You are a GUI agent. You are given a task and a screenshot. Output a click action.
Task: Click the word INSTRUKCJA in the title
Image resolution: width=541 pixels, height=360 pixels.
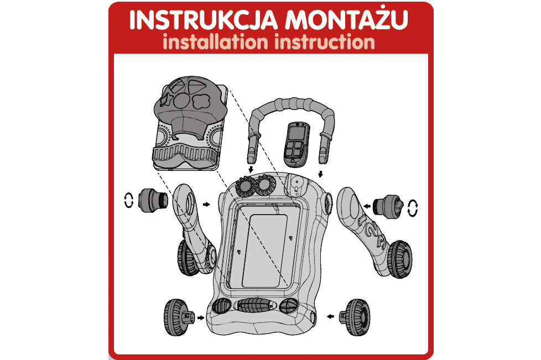click(x=204, y=20)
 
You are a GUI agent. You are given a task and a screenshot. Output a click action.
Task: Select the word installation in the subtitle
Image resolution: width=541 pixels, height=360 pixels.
click(x=215, y=42)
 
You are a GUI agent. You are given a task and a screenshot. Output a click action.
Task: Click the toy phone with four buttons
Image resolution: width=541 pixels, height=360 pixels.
click(x=296, y=144)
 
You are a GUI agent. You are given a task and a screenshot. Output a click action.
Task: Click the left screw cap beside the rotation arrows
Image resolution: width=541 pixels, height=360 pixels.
click(x=153, y=201)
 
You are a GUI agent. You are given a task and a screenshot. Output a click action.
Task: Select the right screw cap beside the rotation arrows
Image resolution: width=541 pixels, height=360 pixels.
click(x=388, y=206)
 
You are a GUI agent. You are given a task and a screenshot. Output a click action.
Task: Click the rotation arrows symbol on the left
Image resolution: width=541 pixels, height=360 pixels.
click(x=129, y=200)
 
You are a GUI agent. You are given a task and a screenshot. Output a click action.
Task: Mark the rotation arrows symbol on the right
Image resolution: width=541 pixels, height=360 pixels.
click(x=413, y=208)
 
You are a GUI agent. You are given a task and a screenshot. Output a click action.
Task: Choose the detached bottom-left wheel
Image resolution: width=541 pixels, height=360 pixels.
click(x=178, y=317)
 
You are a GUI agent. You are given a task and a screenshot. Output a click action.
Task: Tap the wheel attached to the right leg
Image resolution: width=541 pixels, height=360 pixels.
click(x=399, y=259)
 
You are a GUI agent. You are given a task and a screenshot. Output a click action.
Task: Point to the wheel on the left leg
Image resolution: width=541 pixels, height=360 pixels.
click(x=186, y=258)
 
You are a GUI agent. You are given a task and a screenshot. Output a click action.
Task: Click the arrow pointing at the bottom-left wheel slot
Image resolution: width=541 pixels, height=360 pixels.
click(x=200, y=317)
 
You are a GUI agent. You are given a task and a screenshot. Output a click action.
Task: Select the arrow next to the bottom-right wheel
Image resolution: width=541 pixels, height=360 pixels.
click(x=331, y=316)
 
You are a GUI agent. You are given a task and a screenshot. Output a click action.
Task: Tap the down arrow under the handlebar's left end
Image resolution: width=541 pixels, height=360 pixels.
click(x=251, y=169)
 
